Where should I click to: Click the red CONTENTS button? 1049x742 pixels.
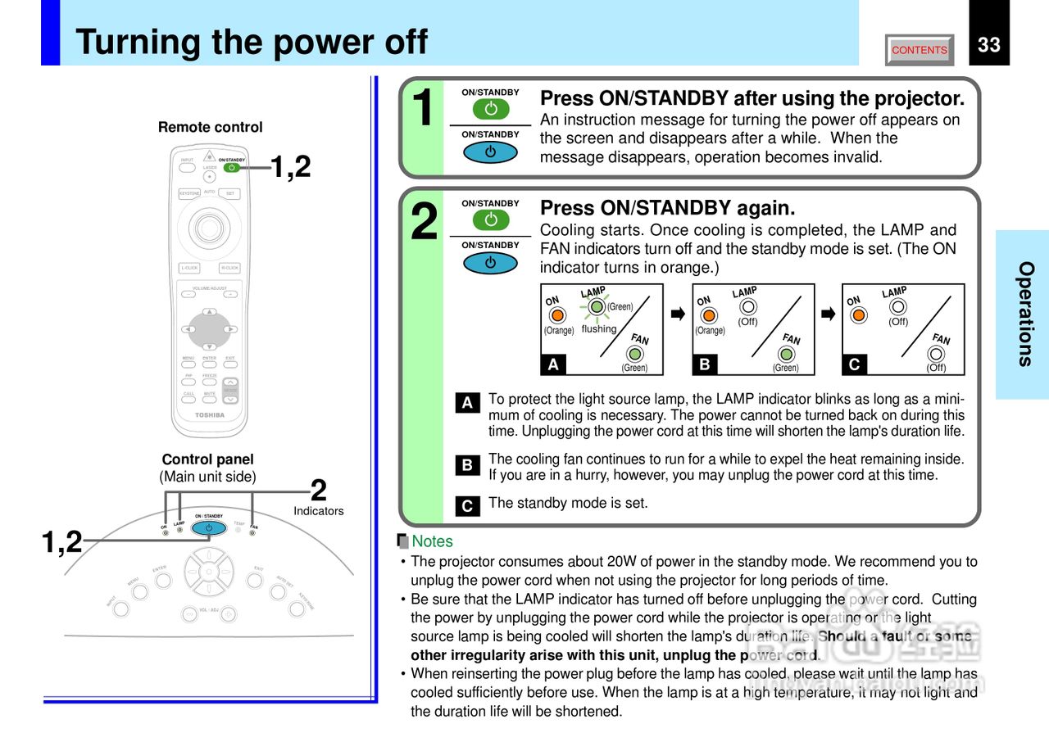pyautogui.click(x=920, y=50)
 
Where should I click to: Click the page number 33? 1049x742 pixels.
pyautogui.click(x=989, y=45)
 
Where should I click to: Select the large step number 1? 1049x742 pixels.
pyautogui.click(x=422, y=108)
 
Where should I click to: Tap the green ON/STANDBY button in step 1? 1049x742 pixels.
pyautogui.click(x=490, y=109)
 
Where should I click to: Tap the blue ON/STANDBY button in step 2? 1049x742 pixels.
pyautogui.click(x=490, y=263)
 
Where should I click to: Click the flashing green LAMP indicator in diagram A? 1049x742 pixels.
pyautogui.click(x=597, y=307)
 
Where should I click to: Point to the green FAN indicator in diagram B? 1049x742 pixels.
pyautogui.click(x=786, y=355)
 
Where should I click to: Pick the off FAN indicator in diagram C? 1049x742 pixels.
pyautogui.click(x=937, y=355)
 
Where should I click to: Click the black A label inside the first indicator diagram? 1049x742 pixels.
pyautogui.click(x=554, y=365)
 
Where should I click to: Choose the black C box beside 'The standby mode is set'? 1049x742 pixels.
pyautogui.click(x=466, y=506)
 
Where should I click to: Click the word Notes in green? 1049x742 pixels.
pyautogui.click(x=432, y=541)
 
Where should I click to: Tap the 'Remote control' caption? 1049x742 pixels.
pyautogui.click(x=211, y=127)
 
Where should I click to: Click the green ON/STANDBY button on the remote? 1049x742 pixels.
pyautogui.click(x=232, y=168)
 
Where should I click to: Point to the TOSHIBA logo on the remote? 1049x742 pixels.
pyautogui.click(x=209, y=415)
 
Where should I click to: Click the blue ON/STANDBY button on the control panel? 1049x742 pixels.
pyautogui.click(x=209, y=528)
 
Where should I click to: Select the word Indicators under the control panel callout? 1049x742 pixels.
pyautogui.click(x=318, y=511)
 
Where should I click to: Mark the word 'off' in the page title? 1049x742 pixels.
pyautogui.click(x=396, y=42)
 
